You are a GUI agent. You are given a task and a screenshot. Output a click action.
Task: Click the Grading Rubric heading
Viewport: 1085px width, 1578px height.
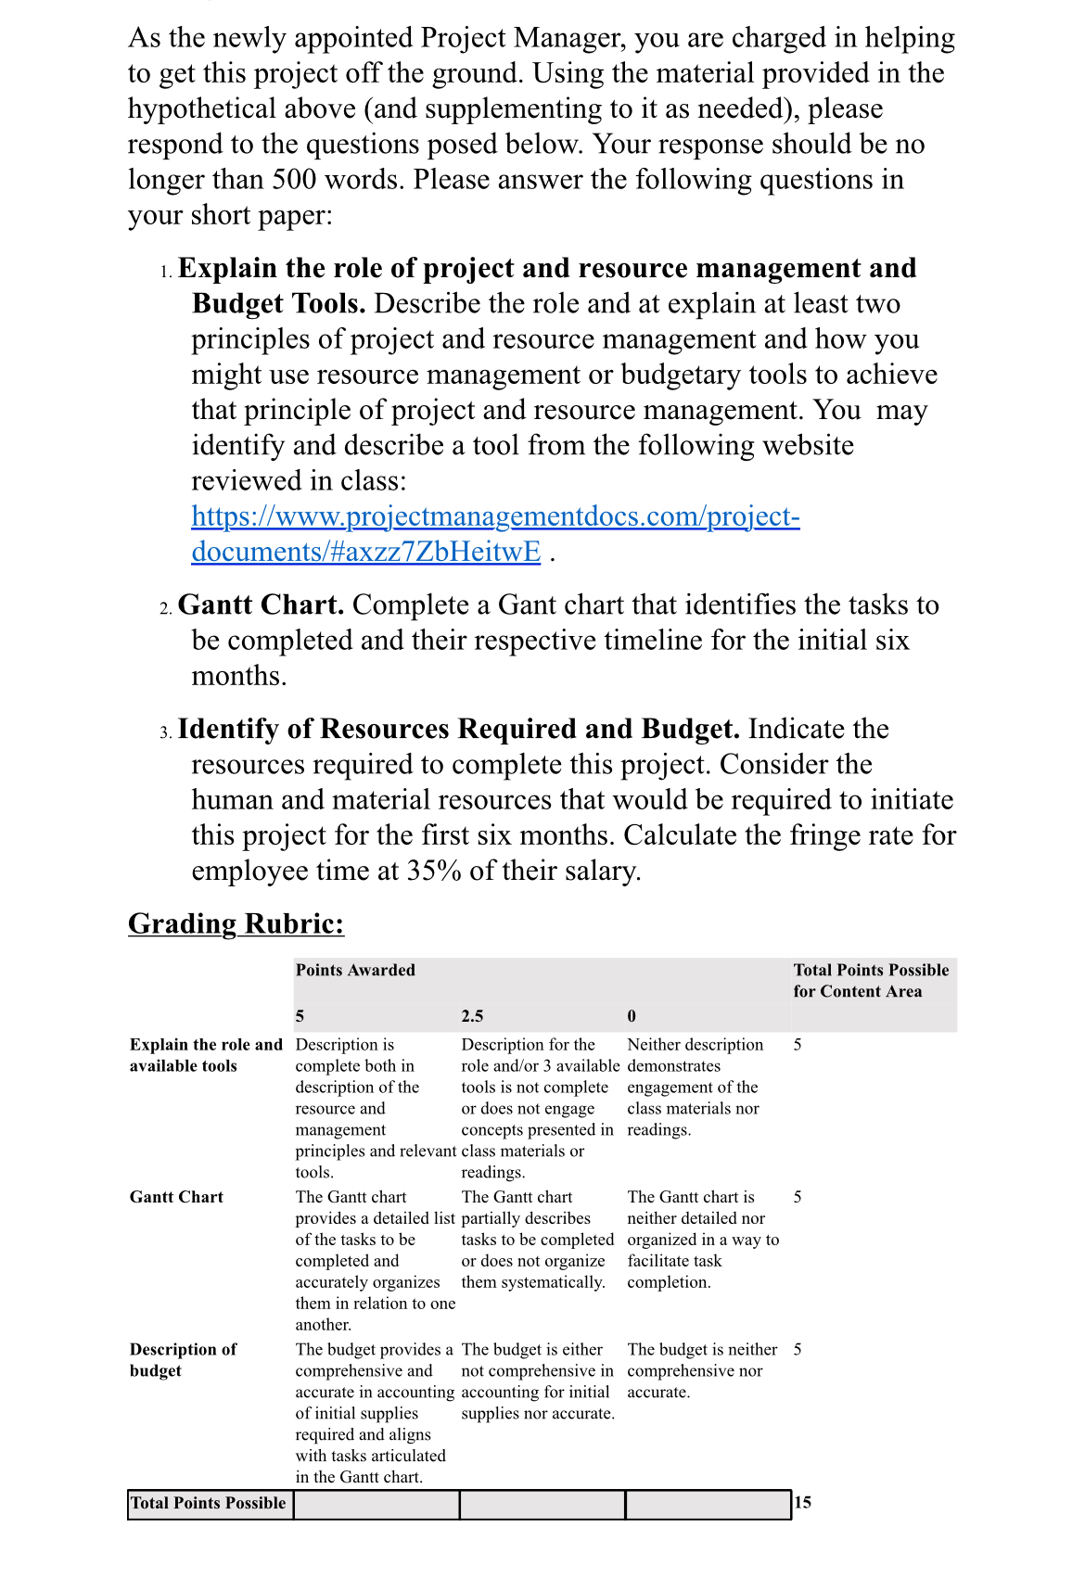coord(236,923)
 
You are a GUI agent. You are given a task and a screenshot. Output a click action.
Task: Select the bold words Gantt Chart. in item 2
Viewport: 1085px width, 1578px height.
coord(261,604)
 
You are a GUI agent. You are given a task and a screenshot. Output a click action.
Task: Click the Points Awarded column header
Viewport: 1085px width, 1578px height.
coord(355,970)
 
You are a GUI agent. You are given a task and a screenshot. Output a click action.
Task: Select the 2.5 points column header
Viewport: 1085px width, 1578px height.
coord(472,1016)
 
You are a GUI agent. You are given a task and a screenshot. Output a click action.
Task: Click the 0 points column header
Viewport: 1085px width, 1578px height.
coord(632,1016)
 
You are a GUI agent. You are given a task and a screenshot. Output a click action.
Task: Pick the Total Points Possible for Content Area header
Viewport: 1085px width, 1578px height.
coord(870,980)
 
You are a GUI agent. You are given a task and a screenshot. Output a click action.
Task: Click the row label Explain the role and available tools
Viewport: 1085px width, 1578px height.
coord(205,1055)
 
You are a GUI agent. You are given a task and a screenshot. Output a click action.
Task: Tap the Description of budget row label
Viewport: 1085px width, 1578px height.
coord(183,1359)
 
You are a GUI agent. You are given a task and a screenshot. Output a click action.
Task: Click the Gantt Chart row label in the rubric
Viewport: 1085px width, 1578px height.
coord(176,1197)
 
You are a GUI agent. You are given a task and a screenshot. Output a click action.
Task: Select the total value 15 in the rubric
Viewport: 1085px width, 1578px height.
coord(802,1502)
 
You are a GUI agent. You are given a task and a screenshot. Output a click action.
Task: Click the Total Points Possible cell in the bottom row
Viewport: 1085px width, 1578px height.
coord(209,1503)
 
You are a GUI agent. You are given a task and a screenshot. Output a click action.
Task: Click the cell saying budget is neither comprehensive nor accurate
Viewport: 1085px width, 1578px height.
coord(701,1370)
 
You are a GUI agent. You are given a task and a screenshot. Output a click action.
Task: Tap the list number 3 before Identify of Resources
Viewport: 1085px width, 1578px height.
coord(164,732)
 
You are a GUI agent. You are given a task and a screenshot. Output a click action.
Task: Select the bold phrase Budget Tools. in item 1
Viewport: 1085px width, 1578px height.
coord(278,303)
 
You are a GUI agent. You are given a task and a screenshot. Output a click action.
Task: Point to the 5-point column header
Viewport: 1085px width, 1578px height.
coord(300,1016)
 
